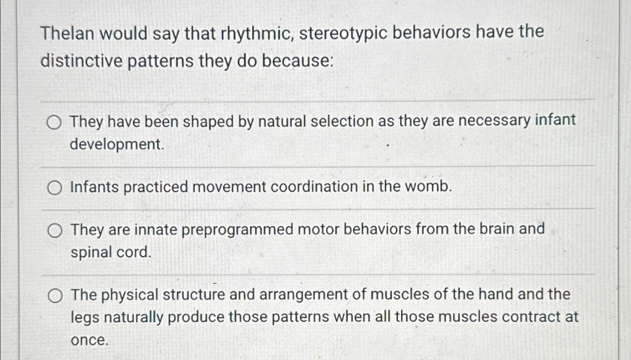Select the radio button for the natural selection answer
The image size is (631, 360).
click(x=54, y=123)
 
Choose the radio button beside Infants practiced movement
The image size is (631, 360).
click(x=55, y=188)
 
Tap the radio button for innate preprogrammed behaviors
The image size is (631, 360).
click(x=55, y=231)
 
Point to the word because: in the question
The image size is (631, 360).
click(x=298, y=60)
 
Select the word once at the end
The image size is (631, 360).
click(x=89, y=340)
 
